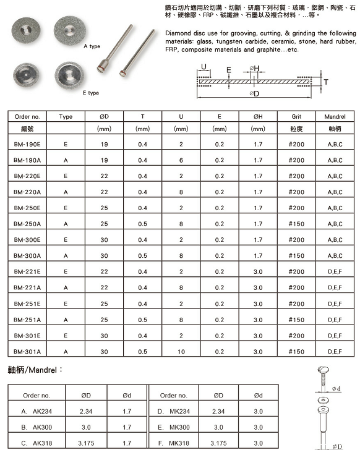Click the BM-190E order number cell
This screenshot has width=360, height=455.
27,144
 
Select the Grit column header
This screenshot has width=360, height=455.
296,117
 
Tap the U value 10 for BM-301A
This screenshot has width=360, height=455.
181,352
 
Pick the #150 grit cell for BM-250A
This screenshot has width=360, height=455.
296,224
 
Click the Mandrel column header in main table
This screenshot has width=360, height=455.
335,117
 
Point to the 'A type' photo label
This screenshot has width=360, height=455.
92,46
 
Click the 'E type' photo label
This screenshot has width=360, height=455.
91,93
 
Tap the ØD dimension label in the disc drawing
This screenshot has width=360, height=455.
254,94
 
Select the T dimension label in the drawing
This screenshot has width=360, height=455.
326,82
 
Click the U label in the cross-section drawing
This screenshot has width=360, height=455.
204,67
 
